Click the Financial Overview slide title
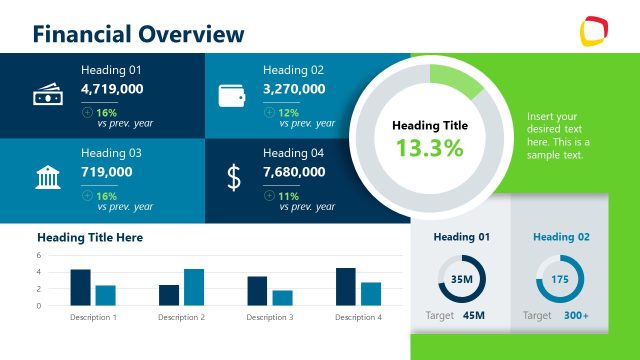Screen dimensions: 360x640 pos(138,34)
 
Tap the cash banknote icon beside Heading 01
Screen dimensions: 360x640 pos(47,95)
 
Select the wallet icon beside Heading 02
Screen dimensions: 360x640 pos(232,95)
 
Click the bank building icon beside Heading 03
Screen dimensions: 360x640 pos(47,178)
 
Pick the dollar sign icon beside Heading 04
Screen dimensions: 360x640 pos(234,178)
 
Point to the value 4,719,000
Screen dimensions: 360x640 pos(112,89)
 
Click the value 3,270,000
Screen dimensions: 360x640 pos(294,89)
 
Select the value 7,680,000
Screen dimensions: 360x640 pos(294,172)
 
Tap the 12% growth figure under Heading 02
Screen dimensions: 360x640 pos(289,112)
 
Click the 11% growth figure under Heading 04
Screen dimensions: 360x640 pos(289,196)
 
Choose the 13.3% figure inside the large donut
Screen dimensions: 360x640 pos(429,149)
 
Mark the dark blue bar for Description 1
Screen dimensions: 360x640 pos(80,287)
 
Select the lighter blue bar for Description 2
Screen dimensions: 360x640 pos(194,287)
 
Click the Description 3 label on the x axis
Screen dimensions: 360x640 pos(270,317)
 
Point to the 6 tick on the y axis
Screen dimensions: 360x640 pos(39,255)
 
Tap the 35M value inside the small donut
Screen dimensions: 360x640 pos(462,279)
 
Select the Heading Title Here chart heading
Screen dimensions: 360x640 pos(90,238)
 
